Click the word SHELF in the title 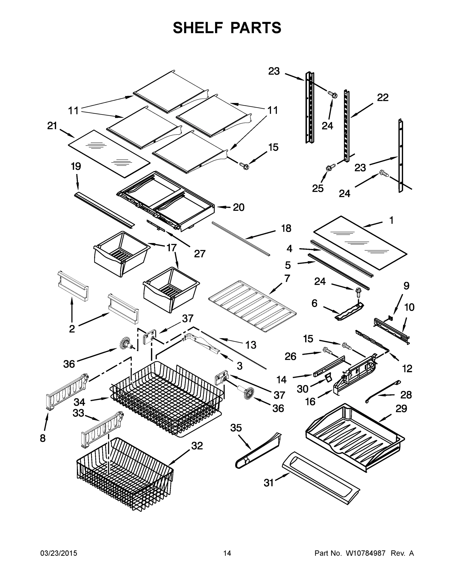click(x=198, y=28)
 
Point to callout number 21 click(x=52, y=126)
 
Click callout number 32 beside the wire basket click(x=197, y=446)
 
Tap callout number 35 click(x=236, y=428)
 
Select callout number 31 click(x=268, y=483)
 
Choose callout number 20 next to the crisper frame click(x=238, y=207)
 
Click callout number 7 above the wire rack click(x=287, y=278)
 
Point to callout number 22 click(x=383, y=98)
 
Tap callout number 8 click(x=43, y=438)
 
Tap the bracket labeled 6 click(x=349, y=311)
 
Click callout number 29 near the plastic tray click(x=401, y=409)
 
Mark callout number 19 click(x=76, y=166)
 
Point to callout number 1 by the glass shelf click(x=391, y=220)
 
